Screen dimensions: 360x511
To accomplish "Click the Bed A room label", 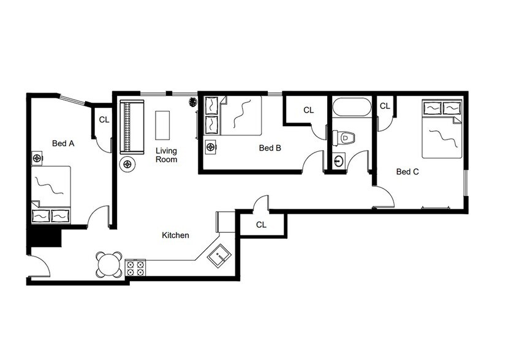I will coord(63,144).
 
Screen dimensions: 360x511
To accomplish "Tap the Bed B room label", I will coord(270,148).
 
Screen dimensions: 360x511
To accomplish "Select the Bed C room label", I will coord(407,172).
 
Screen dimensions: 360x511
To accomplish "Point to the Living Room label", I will coord(166,155).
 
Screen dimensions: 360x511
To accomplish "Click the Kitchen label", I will coord(175,235).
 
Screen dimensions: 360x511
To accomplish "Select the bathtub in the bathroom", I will coord(352,107).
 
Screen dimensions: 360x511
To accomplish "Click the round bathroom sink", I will coord(339,162).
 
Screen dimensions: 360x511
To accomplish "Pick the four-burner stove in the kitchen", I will coord(135,268).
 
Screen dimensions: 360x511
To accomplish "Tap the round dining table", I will coord(109,264).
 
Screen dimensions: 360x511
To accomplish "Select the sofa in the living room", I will coord(132,127).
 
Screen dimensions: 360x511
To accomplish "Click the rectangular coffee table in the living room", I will coord(162,126).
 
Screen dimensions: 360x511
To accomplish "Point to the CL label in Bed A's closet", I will coord(104,119).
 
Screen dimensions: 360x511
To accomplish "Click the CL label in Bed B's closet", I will coord(308,110).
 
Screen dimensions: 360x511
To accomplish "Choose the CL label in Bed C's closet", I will coord(385,106).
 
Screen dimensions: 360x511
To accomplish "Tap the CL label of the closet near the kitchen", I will coord(261,225).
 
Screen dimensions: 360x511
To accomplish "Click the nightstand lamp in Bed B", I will coord(211,147).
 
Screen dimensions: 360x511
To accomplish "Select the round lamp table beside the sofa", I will coord(128,163).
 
